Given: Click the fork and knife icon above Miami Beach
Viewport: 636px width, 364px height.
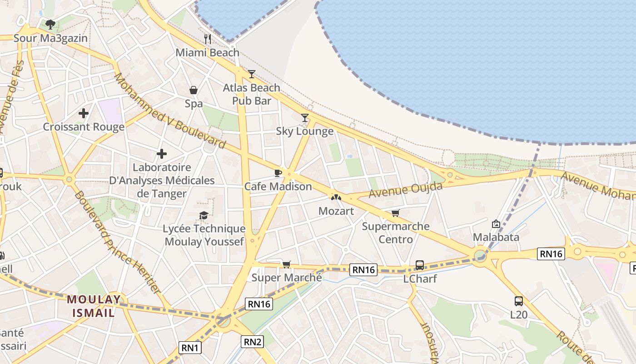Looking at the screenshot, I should (x=208, y=39).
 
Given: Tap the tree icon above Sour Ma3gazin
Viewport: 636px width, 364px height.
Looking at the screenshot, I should (x=50, y=25).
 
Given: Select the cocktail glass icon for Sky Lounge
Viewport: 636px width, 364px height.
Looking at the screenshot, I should (x=305, y=118).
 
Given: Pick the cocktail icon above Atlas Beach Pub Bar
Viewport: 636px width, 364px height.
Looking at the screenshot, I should (x=251, y=74).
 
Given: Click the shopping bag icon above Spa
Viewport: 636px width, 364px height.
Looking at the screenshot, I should (x=194, y=90).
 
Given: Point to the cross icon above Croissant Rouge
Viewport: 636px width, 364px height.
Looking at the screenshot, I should (x=84, y=113).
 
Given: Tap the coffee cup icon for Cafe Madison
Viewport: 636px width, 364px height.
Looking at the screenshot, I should (x=278, y=173).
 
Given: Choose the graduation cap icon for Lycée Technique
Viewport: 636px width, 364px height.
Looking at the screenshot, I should (x=204, y=215).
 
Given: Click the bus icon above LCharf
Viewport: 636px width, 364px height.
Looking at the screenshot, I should (x=420, y=265).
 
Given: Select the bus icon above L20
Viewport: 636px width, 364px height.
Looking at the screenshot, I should (x=518, y=301).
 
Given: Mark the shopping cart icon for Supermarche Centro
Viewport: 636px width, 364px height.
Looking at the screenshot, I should (x=396, y=213).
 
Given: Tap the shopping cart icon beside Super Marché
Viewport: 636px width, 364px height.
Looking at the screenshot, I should (x=286, y=264).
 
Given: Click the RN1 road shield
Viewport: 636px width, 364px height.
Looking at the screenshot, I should (x=190, y=348).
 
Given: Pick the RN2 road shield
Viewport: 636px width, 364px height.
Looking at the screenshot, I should (x=253, y=342).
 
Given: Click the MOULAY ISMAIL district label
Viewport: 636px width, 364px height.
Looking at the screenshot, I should (x=94, y=306).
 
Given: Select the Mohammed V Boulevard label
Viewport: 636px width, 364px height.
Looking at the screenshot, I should (x=169, y=111).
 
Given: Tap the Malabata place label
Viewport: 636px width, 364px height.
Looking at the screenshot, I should (x=496, y=237).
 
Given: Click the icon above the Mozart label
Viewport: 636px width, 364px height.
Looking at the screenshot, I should (x=336, y=197).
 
